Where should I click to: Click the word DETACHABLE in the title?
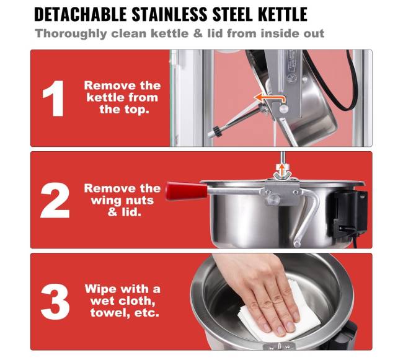[x=80, y=14]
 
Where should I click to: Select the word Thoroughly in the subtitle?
[x=71, y=34]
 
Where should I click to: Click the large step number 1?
[x=54, y=99]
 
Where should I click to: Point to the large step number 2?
[x=55, y=200]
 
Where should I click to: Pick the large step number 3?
[x=55, y=302]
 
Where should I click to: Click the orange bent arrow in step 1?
[x=269, y=98]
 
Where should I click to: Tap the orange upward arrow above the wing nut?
[x=282, y=170]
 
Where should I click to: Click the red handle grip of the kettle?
[x=187, y=191]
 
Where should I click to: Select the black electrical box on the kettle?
[x=350, y=212]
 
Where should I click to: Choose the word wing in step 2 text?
[x=104, y=200]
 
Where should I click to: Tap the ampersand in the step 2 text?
[x=112, y=212]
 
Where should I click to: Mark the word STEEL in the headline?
[x=233, y=14]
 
